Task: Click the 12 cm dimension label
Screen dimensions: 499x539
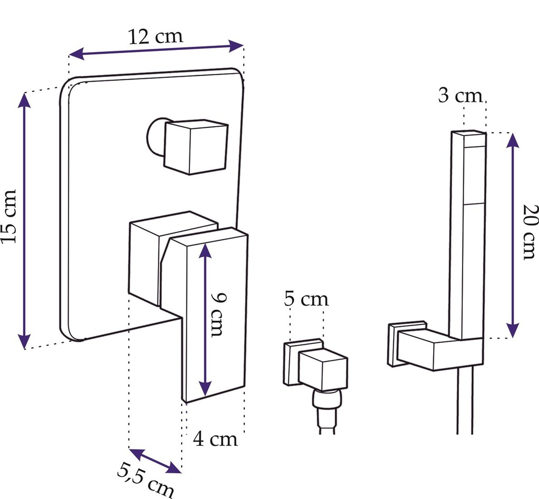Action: [156, 37]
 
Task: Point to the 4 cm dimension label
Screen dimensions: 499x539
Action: [215, 439]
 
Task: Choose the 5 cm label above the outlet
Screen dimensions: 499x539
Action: [306, 300]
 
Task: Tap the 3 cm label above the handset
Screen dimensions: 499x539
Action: [460, 96]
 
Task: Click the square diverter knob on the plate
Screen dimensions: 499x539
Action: [196, 147]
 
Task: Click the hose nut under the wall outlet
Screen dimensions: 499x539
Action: [327, 400]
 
